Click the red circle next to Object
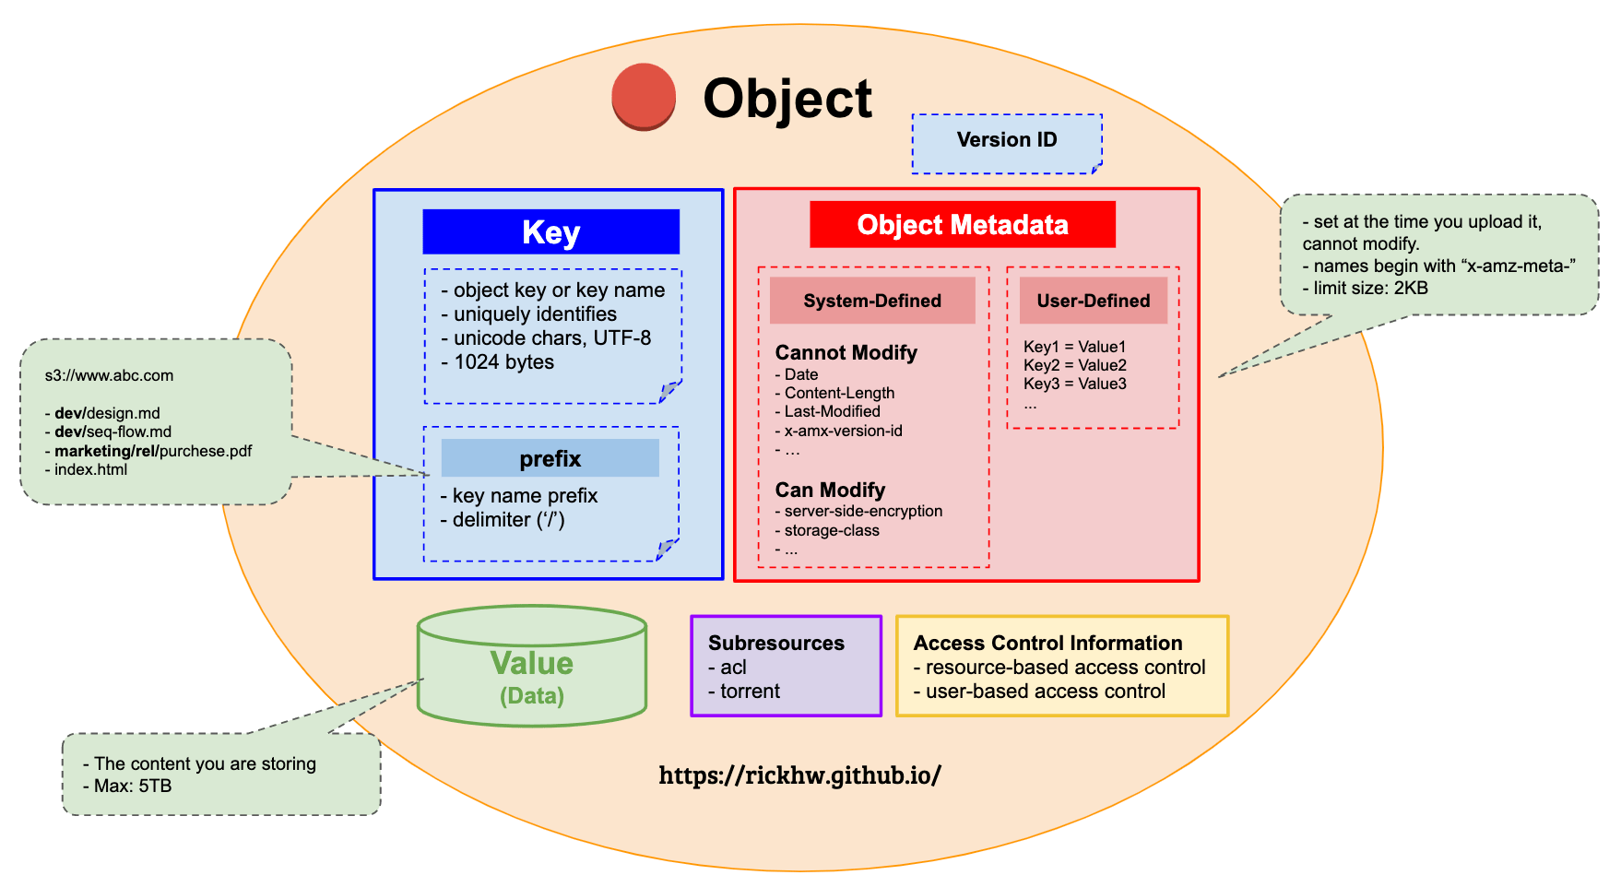click(644, 97)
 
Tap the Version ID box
click(1007, 144)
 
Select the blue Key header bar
click(551, 231)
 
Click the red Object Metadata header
click(963, 225)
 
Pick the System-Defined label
click(872, 301)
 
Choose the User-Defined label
click(1094, 301)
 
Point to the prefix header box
click(550, 458)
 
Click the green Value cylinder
click(532, 666)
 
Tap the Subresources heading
click(776, 643)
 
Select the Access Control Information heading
click(1047, 643)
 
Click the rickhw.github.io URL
click(799, 775)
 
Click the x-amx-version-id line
click(838, 431)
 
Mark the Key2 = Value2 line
click(1075, 365)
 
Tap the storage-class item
click(827, 530)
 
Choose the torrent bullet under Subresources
click(744, 692)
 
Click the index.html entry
click(87, 469)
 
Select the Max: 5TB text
click(127, 786)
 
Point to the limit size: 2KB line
click(1366, 288)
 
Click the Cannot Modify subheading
click(846, 352)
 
